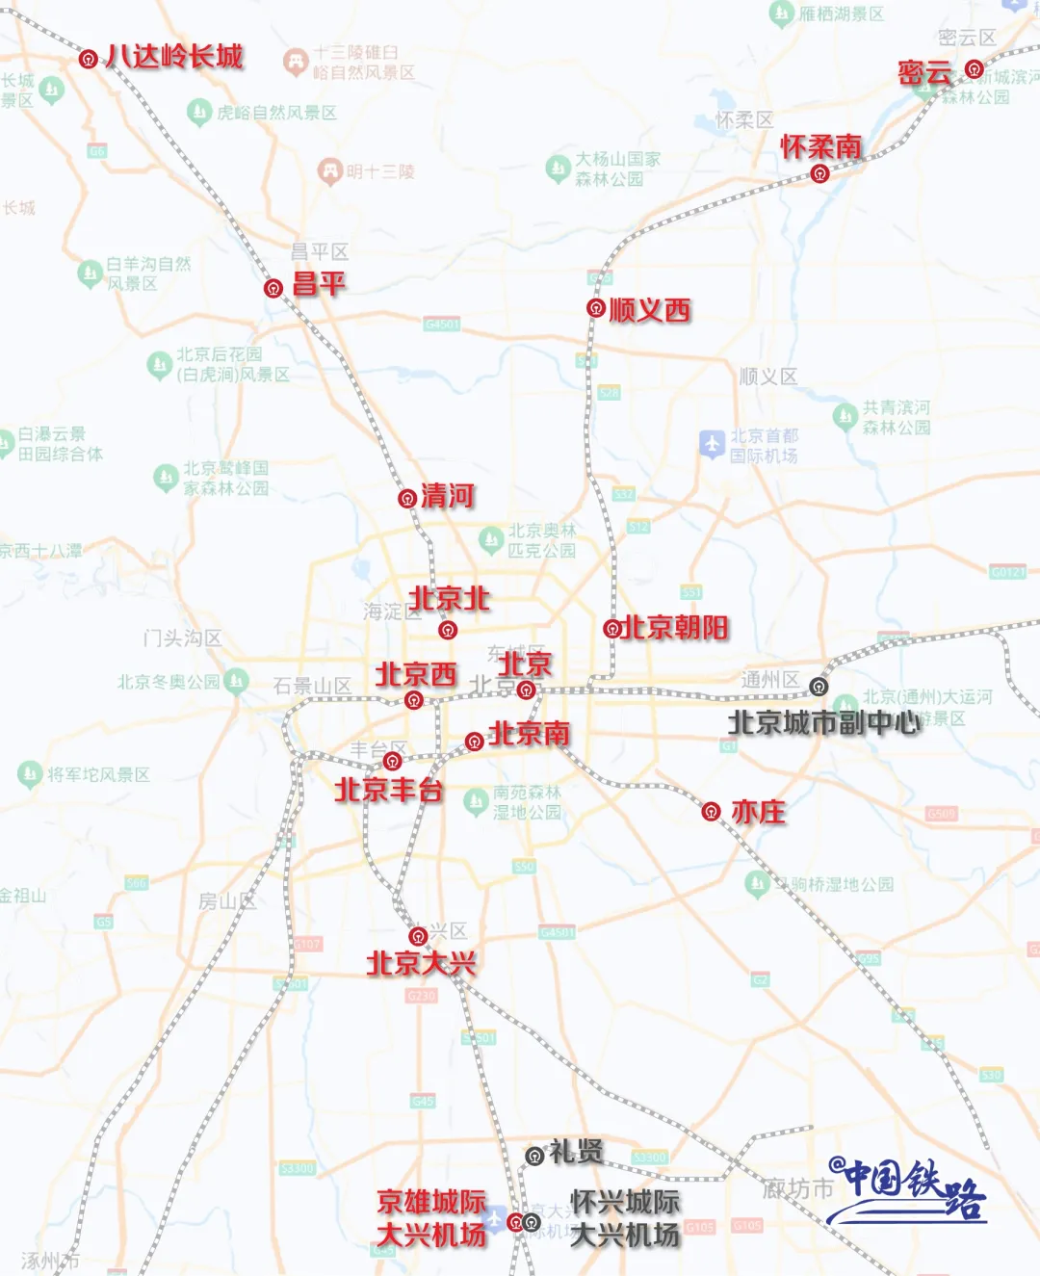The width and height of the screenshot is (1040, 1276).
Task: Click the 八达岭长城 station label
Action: click(x=174, y=57)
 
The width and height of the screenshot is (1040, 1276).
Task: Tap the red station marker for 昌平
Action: click(x=273, y=288)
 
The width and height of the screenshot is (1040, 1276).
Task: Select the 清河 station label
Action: click(x=448, y=496)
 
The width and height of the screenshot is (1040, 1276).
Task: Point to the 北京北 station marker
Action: click(x=448, y=631)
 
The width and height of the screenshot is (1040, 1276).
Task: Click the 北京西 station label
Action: click(x=416, y=673)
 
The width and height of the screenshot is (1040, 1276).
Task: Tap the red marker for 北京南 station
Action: click(x=474, y=742)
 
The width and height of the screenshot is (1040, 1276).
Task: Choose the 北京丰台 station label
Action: click(x=388, y=791)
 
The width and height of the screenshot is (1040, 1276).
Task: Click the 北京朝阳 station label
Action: click(x=676, y=628)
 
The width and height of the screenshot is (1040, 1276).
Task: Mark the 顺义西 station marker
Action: click(x=596, y=308)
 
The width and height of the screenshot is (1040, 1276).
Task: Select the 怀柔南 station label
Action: click(x=821, y=146)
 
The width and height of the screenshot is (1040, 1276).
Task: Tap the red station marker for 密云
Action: click(x=975, y=69)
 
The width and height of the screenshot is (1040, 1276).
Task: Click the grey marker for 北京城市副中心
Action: click(x=819, y=687)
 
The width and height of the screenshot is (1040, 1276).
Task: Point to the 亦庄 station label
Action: click(x=759, y=812)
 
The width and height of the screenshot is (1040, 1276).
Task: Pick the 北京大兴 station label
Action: click(x=422, y=963)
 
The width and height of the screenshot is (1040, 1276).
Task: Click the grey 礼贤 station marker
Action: click(x=535, y=1156)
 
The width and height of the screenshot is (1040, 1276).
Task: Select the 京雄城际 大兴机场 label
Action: click(x=431, y=1218)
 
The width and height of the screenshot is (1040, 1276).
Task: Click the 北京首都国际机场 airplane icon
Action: click(x=712, y=444)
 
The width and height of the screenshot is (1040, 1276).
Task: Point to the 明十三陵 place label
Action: click(x=380, y=171)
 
